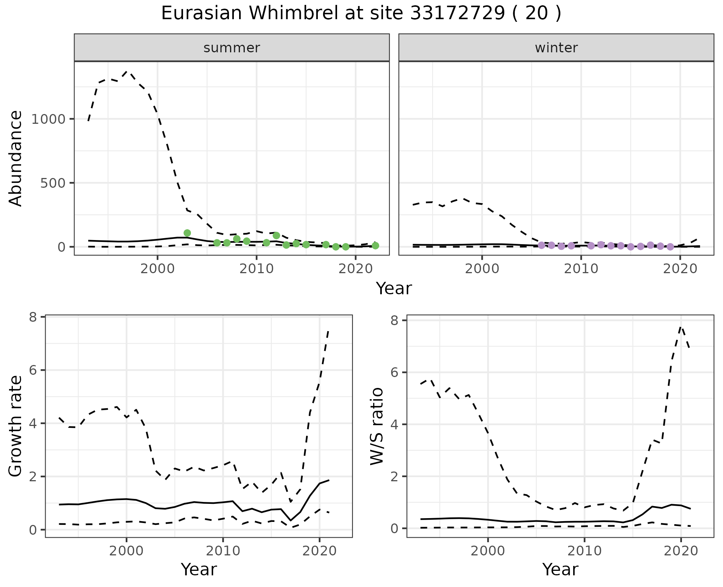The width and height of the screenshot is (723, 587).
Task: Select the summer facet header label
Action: click(x=232, y=48)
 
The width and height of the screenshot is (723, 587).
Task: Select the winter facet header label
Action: click(x=556, y=48)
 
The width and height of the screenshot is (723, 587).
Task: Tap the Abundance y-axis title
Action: click(x=16, y=158)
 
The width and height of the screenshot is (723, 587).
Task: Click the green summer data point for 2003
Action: click(x=187, y=233)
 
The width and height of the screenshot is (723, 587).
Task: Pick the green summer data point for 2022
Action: click(x=375, y=246)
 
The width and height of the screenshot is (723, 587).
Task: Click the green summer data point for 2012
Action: click(x=276, y=236)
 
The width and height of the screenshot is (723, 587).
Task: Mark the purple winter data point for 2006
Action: click(x=541, y=245)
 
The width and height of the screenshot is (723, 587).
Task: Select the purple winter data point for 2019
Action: click(x=670, y=247)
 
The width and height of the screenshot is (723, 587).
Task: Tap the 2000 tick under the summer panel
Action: click(x=157, y=269)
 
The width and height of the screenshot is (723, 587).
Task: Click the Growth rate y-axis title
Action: click(x=16, y=426)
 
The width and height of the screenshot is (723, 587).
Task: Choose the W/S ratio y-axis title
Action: click(x=377, y=426)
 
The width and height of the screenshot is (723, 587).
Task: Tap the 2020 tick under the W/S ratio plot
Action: click(x=680, y=551)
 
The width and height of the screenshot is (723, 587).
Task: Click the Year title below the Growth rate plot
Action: click(x=199, y=569)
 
